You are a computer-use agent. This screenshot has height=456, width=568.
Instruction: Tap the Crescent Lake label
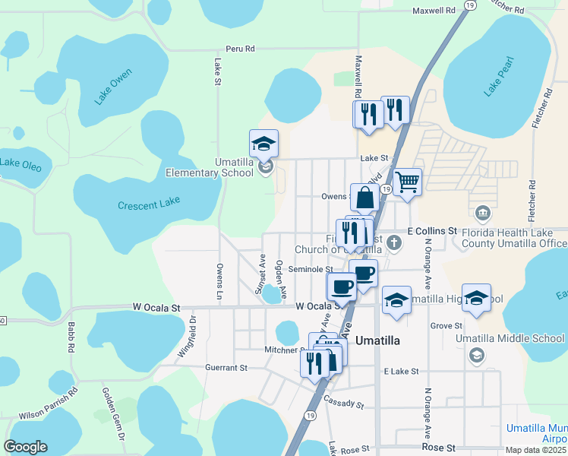coord(149,205)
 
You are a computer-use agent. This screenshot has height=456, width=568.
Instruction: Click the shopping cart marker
coord(408,182)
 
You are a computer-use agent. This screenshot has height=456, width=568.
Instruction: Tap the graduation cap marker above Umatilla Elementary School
coord(263,144)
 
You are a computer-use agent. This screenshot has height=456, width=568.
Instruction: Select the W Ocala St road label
coord(156,308)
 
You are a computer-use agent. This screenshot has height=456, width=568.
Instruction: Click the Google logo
coord(25,447)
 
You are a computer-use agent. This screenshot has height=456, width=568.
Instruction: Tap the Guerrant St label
coord(226,368)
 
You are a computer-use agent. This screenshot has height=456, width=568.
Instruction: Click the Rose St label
coord(440,448)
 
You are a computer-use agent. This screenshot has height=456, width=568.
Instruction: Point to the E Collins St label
coord(431,230)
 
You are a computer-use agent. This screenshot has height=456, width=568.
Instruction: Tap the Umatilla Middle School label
coord(510,338)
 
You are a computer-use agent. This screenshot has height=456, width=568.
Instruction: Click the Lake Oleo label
coord(20,163)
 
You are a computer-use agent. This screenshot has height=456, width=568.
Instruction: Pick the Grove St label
coord(441,325)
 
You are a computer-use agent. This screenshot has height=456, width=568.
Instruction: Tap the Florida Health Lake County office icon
coord(482,212)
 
